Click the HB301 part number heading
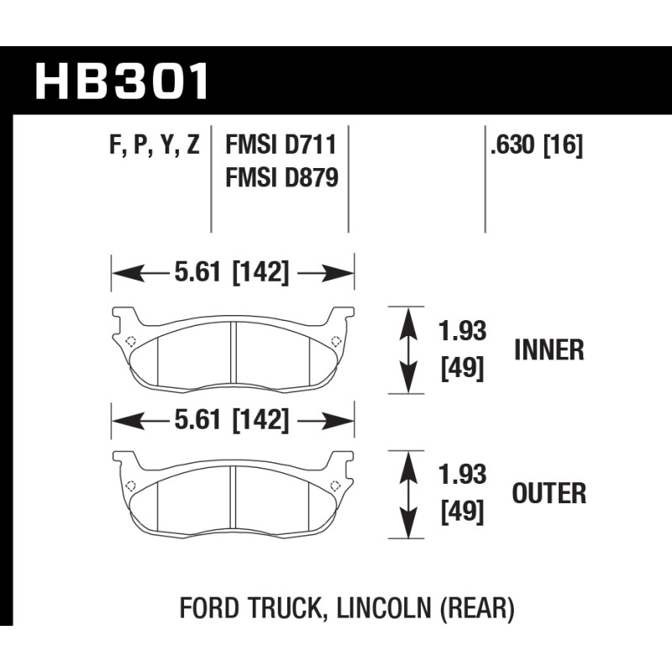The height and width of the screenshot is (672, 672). [x=122, y=81]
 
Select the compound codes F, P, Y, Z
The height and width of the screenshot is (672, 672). [x=155, y=144]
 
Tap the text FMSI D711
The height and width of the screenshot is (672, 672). [x=281, y=144]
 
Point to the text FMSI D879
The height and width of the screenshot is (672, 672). [x=282, y=177]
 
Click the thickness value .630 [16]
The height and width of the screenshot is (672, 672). [x=537, y=144]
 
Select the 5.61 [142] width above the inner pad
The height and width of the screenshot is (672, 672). [x=232, y=272]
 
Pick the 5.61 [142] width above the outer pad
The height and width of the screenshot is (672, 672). [x=232, y=420]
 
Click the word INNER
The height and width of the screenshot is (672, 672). [x=549, y=350]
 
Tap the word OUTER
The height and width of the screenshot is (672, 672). [x=549, y=493]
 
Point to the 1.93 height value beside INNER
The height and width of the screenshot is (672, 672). [x=463, y=331]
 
